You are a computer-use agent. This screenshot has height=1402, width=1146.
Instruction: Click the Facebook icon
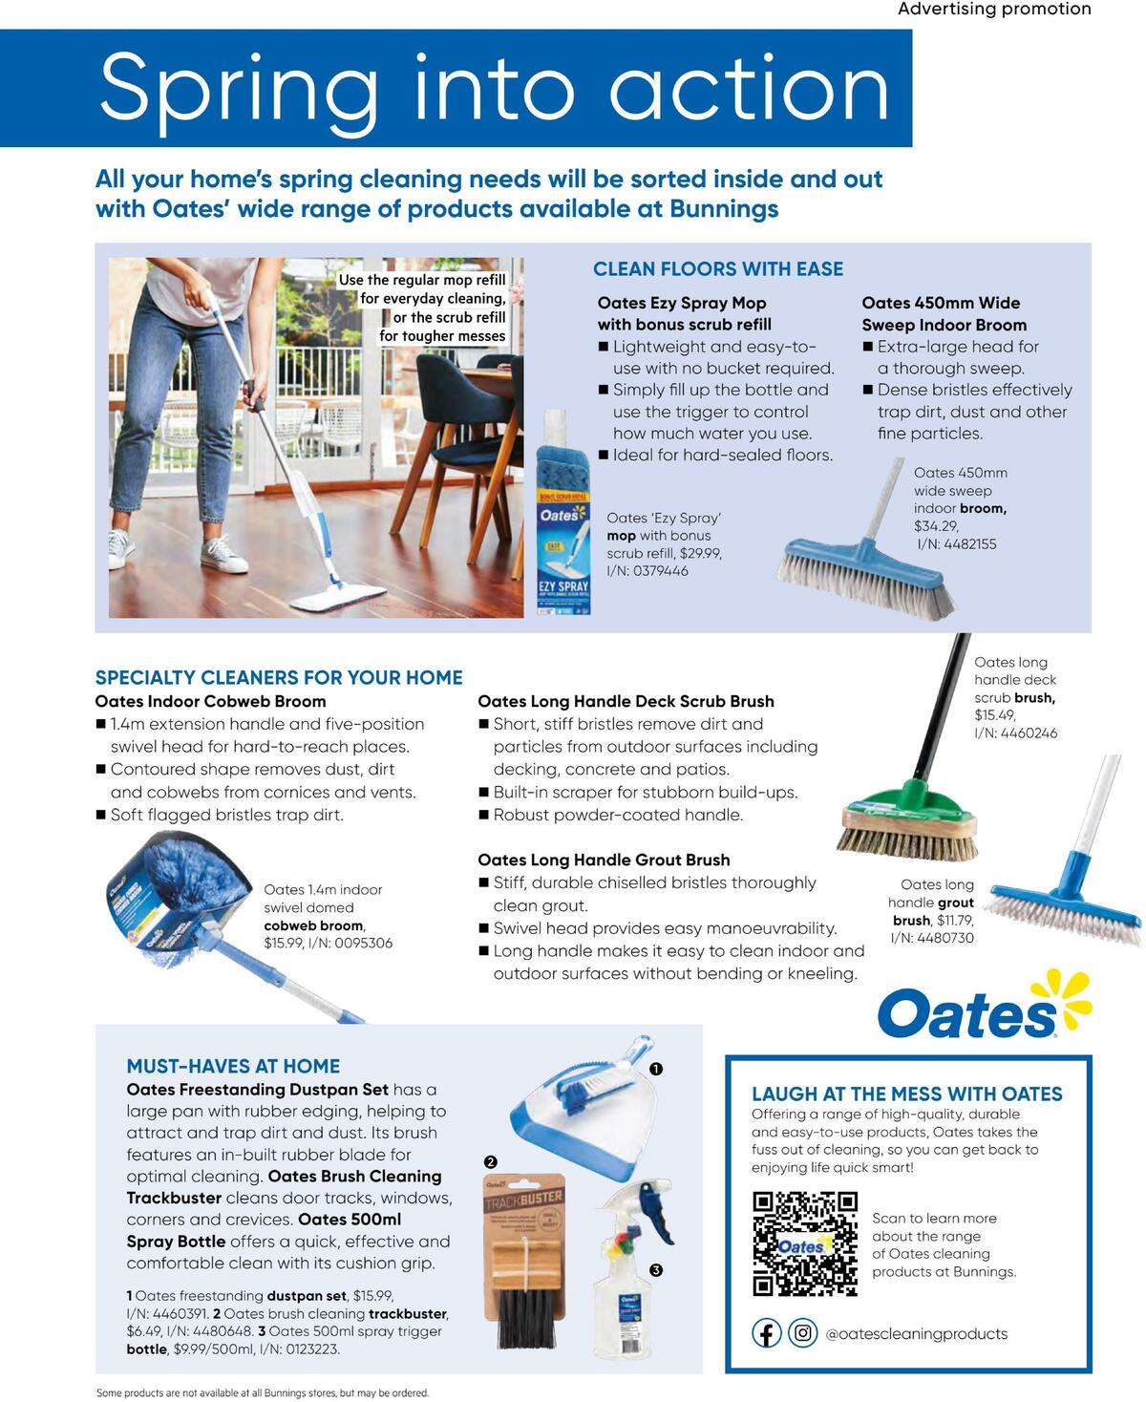pyautogui.click(x=767, y=1333)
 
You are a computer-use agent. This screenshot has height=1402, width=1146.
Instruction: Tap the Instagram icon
pyautogui.click(x=803, y=1333)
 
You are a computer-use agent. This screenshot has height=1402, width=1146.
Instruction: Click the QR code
pyautogui.click(x=804, y=1243)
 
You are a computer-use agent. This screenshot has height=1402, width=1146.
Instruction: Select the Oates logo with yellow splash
pyautogui.click(x=984, y=1008)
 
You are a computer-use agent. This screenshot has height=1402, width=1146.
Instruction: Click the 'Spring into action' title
pyautogui.click(x=494, y=88)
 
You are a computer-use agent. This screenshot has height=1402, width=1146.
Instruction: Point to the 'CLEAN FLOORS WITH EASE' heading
pyautogui.click(x=718, y=269)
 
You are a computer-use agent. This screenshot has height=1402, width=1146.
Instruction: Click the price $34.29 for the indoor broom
pyautogui.click(x=936, y=526)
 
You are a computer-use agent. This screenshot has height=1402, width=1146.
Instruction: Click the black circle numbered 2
pyautogui.click(x=491, y=1162)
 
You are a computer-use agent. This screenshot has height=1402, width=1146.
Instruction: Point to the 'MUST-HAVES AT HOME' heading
pyautogui.click(x=233, y=1066)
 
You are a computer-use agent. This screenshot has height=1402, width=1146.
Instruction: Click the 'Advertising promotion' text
pyautogui.click(x=994, y=10)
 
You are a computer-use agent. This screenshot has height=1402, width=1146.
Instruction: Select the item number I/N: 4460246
pyautogui.click(x=1015, y=733)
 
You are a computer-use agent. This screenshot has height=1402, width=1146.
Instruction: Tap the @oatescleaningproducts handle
pyautogui.click(x=916, y=1334)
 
